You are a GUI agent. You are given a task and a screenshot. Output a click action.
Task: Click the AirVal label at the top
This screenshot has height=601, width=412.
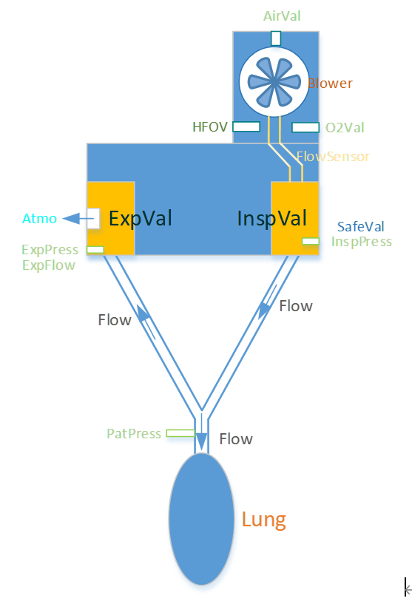click(282, 16)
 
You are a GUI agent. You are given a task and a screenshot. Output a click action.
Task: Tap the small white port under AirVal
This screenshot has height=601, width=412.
click(276, 38)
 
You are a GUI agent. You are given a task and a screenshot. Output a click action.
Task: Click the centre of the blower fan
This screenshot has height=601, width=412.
click(274, 81)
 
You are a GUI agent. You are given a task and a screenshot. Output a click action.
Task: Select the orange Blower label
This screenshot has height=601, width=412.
click(330, 84)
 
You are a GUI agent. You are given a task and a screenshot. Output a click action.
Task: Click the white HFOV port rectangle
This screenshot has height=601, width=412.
click(246, 126)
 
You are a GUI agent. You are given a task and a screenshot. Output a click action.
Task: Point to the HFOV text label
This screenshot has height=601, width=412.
click(210, 127)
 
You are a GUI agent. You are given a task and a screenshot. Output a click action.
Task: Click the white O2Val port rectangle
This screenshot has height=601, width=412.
click(305, 127)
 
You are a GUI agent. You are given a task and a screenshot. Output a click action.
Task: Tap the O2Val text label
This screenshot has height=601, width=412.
click(345, 128)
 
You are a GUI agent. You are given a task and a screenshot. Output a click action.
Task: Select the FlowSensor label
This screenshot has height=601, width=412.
click(333, 157)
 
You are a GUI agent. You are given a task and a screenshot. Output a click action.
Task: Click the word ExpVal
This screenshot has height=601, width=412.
click(141, 219)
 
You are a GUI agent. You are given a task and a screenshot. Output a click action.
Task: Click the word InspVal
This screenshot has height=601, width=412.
click(272, 219)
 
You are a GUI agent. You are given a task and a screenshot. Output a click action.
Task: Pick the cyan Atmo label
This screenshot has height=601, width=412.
click(39, 219)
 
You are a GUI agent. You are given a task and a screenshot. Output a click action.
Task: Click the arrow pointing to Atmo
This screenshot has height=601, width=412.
click(78, 219)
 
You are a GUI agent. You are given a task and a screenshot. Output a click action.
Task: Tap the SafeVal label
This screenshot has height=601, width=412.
click(361, 226)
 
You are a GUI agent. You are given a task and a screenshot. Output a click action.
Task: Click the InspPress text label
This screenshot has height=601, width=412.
click(362, 242)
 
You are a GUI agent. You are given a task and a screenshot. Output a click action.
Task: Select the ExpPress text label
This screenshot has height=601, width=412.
click(50, 250)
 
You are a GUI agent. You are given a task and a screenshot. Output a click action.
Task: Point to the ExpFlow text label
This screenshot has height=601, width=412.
click(49, 265)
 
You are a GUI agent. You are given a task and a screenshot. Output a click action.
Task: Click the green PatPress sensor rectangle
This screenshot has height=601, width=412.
click(180, 433)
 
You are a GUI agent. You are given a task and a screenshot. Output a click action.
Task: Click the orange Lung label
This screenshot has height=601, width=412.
click(264, 520)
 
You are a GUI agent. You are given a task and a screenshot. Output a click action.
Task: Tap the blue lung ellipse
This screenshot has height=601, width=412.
click(201, 519)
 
